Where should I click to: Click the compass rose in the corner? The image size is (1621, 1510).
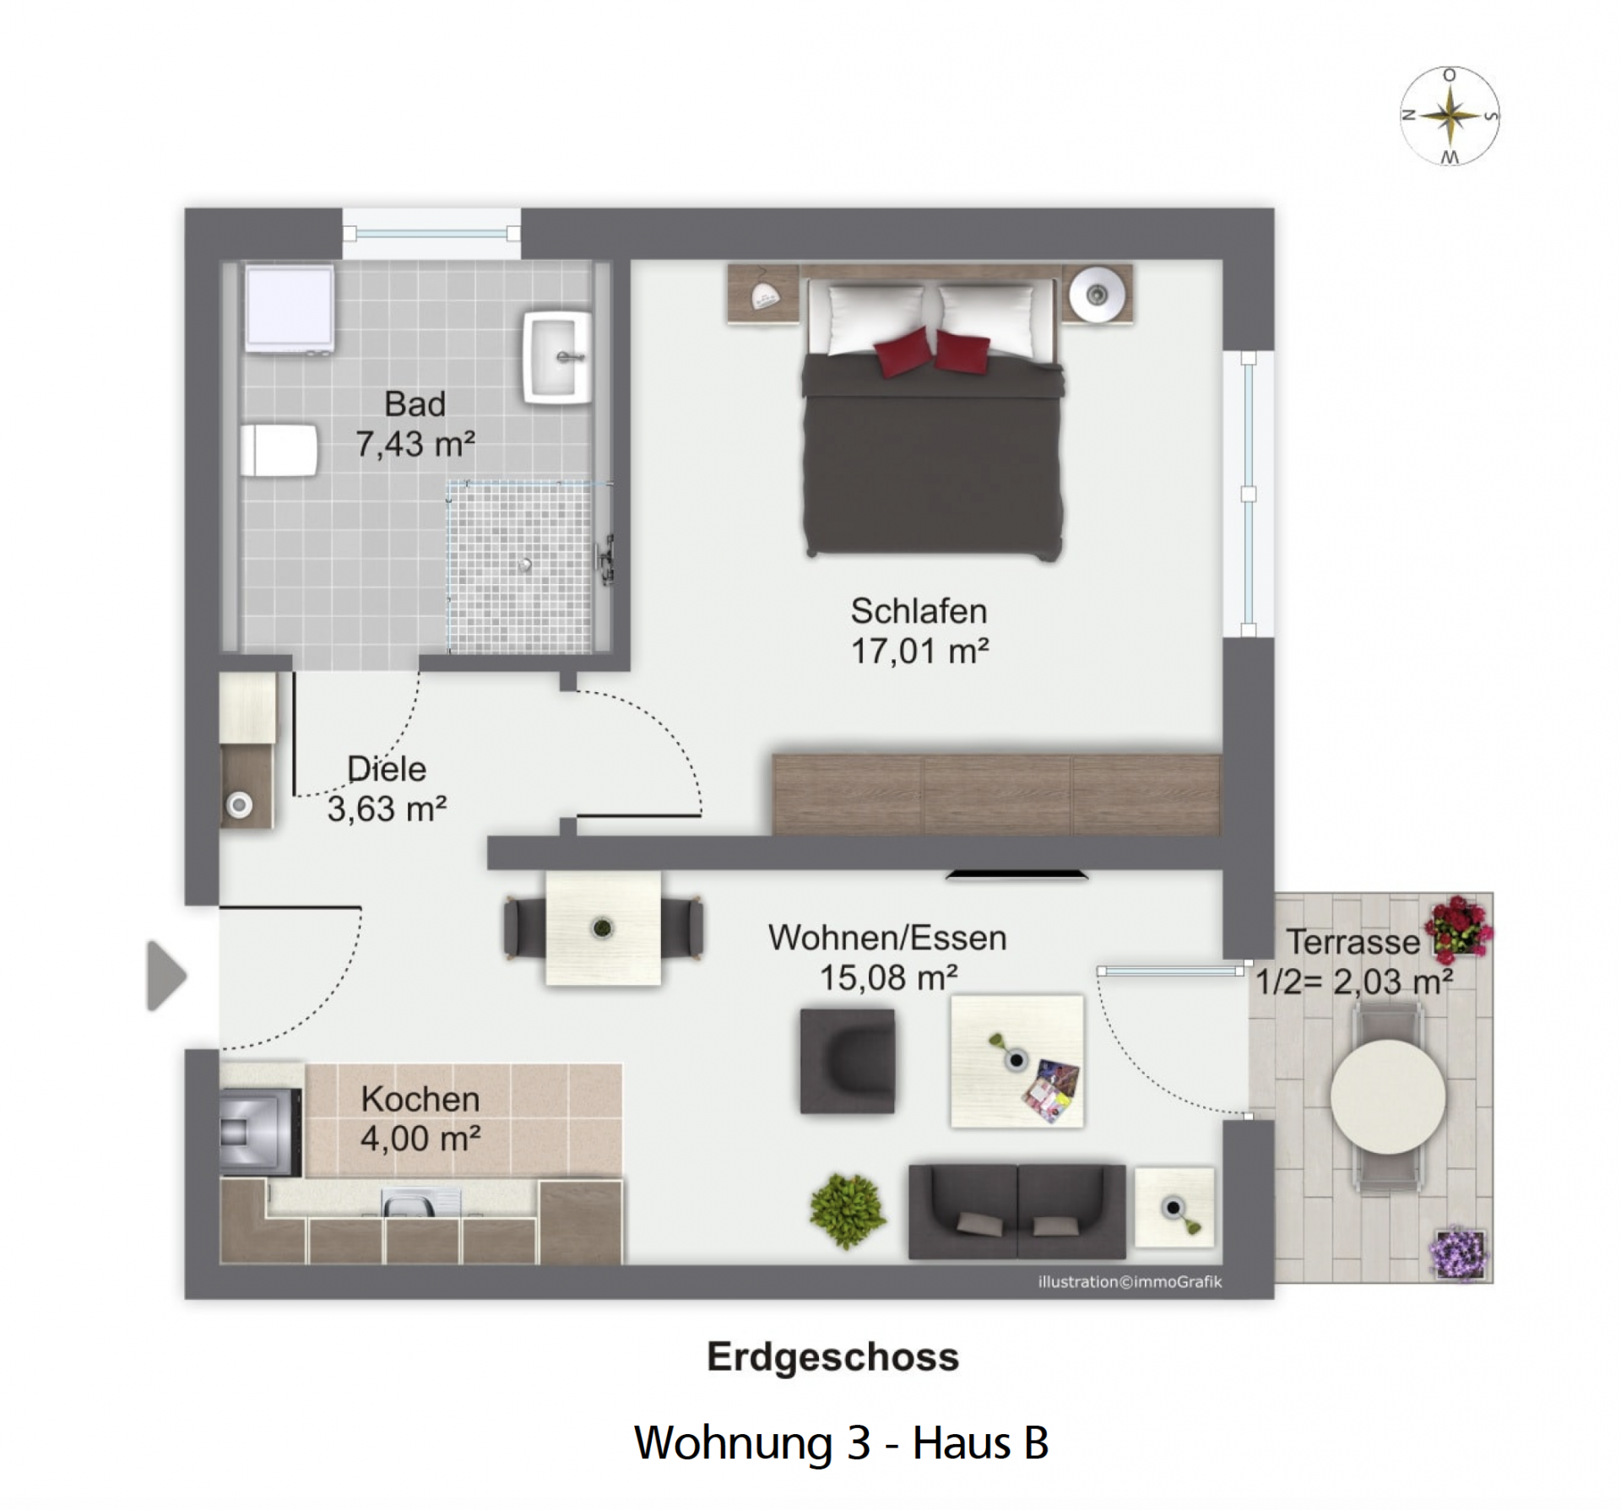tap(1450, 116)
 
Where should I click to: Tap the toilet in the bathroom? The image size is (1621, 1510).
tap(279, 450)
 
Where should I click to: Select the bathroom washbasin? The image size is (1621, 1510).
tap(557, 357)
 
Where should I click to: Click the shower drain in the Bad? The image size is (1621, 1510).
tap(526, 565)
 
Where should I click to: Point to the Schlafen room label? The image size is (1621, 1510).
tap(919, 611)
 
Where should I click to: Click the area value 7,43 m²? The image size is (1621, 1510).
tap(415, 444)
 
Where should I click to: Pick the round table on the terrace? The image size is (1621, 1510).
tap(1388, 1096)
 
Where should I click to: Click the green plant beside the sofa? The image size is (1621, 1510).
tap(848, 1210)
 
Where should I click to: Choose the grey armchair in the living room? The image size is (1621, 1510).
tap(847, 1061)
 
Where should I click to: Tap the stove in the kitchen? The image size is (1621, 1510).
tap(261, 1131)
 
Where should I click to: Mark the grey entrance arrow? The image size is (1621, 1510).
tap(166, 975)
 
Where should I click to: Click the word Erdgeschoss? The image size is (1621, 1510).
tap(832, 1356)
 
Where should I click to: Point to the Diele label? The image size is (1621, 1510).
tap(387, 769)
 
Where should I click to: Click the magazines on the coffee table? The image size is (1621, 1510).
tap(1051, 1091)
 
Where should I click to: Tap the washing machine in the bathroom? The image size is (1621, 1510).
tap(289, 309)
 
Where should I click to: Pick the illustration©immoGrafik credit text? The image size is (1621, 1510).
tap(1130, 1281)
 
